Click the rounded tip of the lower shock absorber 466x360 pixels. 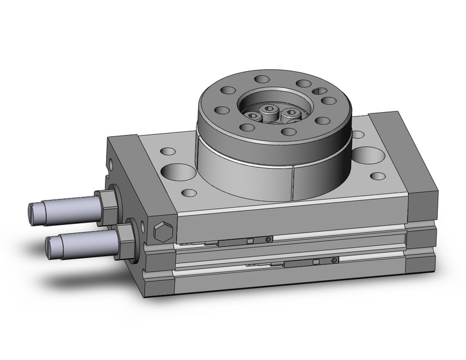click(52, 246)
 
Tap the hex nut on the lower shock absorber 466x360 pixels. click(126, 233)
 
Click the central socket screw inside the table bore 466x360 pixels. click(270, 111)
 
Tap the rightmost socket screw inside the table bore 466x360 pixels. click(291, 113)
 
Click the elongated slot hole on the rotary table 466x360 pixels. click(319, 91)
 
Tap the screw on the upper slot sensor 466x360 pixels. click(269, 239)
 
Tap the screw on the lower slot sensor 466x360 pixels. click(333, 261)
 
